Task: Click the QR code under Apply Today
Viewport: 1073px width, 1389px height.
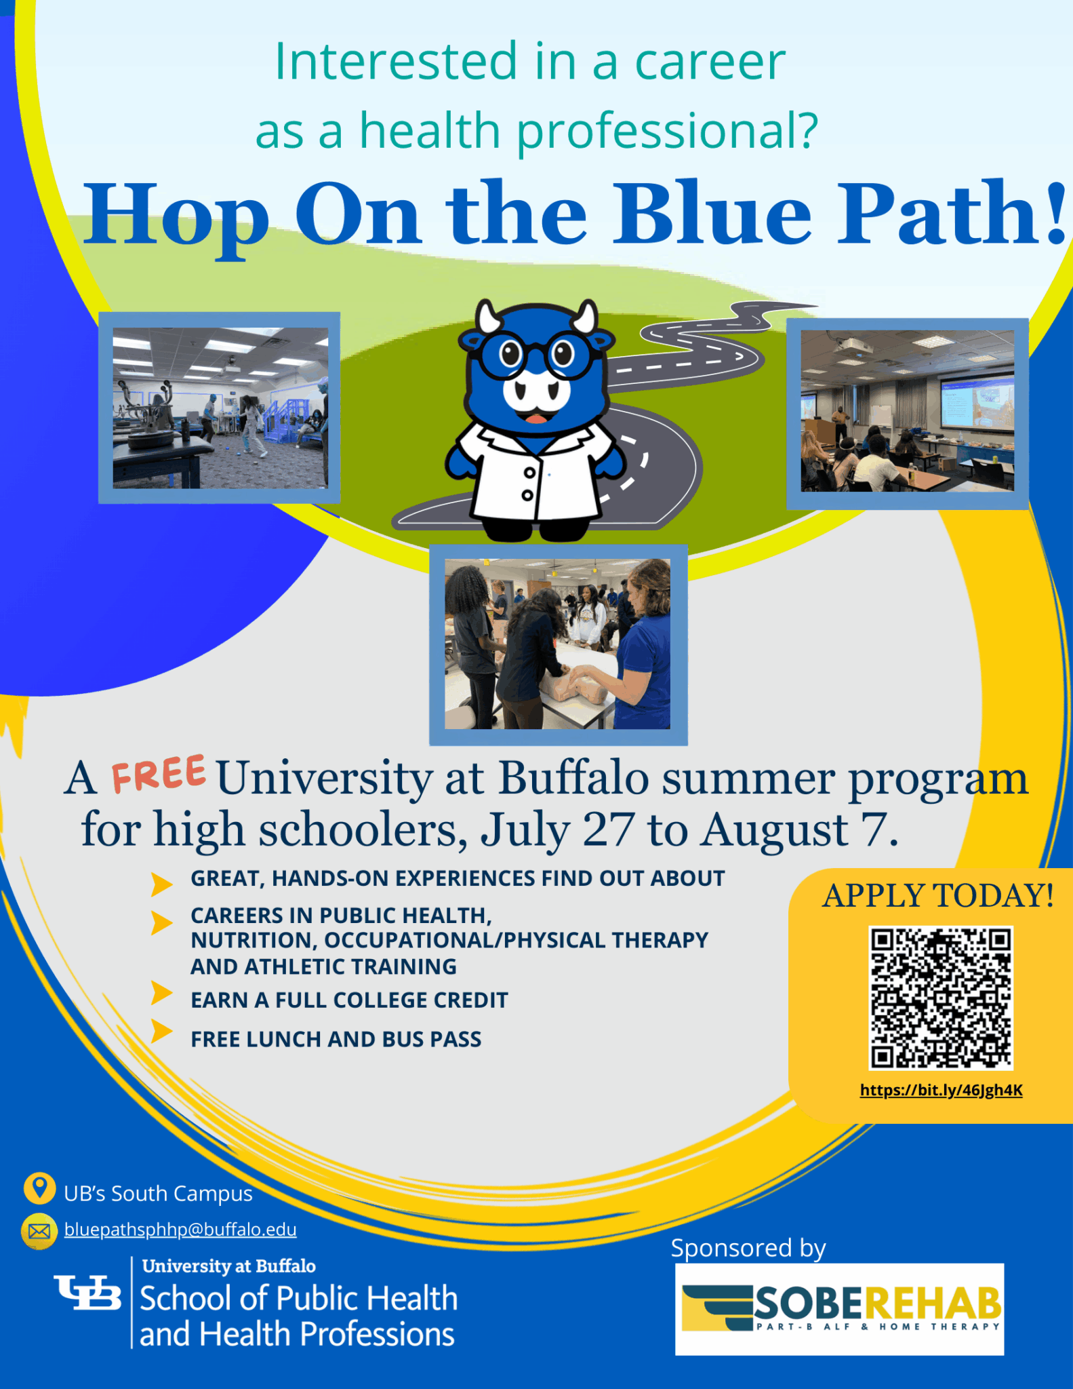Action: (941, 998)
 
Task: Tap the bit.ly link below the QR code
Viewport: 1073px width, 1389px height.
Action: (941, 1090)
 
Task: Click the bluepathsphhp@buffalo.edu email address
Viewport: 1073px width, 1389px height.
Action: (180, 1230)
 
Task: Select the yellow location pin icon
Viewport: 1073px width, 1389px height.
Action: (39, 1188)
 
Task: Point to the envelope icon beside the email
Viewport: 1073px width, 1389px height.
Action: (39, 1231)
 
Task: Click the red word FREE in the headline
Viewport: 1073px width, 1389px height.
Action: (159, 774)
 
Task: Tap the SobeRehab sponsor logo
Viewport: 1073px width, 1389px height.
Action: (839, 1308)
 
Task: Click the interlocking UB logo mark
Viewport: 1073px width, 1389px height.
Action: (88, 1293)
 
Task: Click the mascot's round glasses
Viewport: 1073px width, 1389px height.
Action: (535, 354)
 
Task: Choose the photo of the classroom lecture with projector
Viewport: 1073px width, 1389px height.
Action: (907, 411)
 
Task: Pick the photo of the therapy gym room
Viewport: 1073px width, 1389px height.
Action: (220, 408)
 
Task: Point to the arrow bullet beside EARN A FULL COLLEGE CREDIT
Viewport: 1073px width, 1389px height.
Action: (161, 994)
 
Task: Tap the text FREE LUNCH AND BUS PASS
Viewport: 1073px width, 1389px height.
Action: (336, 1039)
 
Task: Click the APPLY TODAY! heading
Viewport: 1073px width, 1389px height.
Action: (938, 895)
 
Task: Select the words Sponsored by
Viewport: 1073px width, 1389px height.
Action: (748, 1248)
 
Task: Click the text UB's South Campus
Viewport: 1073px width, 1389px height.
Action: (158, 1193)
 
